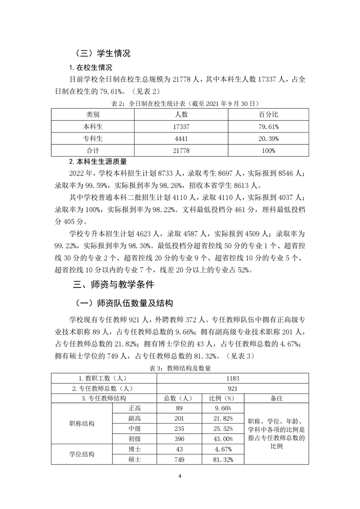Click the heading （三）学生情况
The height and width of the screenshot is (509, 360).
pos(102,53)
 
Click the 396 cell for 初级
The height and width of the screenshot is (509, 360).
pos(178,439)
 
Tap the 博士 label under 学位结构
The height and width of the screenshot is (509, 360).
pos(134,449)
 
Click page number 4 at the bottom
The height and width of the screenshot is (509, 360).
pos(180,476)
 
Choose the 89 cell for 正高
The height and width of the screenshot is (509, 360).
pos(178,408)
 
